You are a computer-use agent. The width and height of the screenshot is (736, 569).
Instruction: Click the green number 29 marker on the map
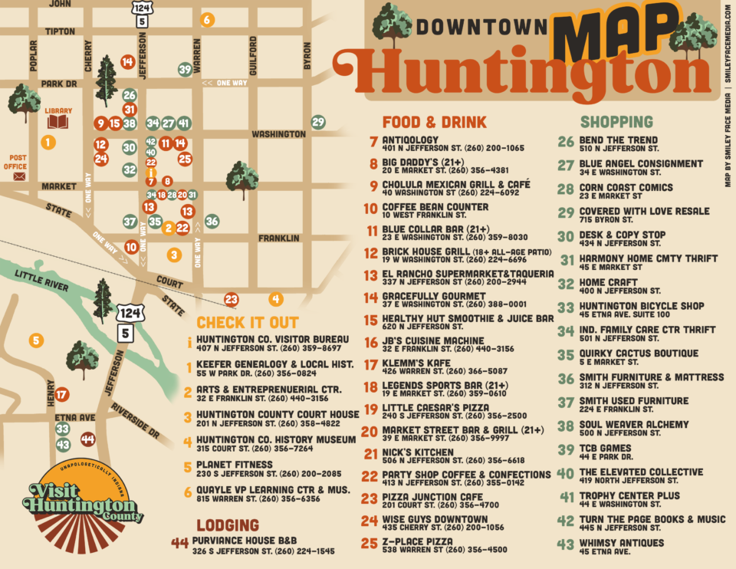pos(318,122)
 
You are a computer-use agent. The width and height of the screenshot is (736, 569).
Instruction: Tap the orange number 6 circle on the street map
pos(207,20)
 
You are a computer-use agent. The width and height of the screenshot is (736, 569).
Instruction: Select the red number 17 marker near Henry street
pos(62,395)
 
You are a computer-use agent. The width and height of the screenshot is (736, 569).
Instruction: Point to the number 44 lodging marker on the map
pos(87,439)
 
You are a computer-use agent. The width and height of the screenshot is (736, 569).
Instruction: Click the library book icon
pos(58,122)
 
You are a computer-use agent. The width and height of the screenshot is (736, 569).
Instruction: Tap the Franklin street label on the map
pos(279,238)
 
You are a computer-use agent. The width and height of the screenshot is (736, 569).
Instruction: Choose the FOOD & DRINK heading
pos(434,123)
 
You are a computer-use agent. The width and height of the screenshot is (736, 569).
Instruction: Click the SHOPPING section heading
pos(616,123)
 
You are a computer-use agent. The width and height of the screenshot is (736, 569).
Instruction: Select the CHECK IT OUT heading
pos(248,323)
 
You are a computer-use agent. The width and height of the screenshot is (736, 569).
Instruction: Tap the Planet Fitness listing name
pos(234,464)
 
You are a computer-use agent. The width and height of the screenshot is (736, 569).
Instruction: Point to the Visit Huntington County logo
pos(83,502)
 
